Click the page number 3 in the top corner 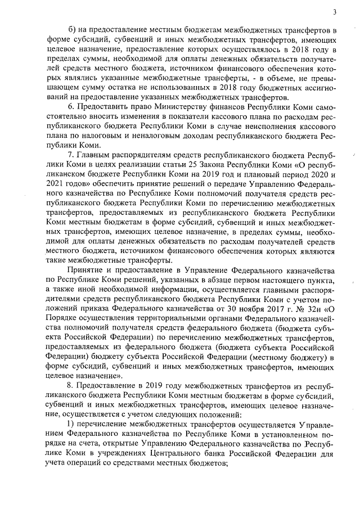(x=334, y=12)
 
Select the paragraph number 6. (x=70, y=107)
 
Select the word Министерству (x=179, y=107)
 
